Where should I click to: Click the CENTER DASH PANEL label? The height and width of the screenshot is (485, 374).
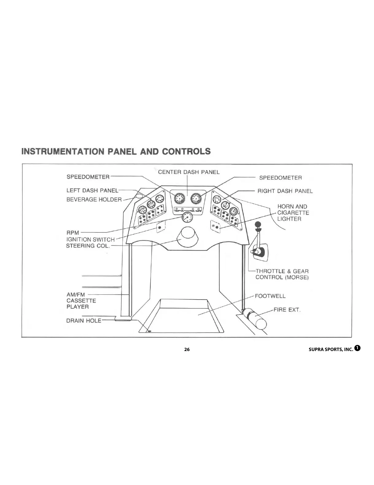[189, 172]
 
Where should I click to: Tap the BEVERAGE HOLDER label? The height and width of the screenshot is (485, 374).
[94, 200]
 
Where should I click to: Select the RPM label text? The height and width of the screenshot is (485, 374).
[73, 233]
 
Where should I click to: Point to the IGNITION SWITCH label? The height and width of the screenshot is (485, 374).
[90, 239]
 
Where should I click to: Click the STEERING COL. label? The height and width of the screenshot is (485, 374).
[87, 246]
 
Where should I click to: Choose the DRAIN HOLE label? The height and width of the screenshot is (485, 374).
[83, 321]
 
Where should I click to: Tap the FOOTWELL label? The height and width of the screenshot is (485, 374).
[270, 296]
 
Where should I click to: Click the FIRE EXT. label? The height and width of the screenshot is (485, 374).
[287, 310]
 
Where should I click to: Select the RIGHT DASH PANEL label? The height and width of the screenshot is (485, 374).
[285, 191]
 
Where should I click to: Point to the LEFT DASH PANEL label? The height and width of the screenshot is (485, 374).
[92, 190]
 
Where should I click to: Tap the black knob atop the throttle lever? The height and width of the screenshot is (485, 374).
[258, 225]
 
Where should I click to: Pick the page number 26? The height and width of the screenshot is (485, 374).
[187, 349]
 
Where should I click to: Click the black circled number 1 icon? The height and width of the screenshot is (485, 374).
[357, 348]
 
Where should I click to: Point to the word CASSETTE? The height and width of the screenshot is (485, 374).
[81, 301]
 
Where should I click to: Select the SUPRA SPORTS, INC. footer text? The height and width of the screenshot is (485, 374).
[331, 350]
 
